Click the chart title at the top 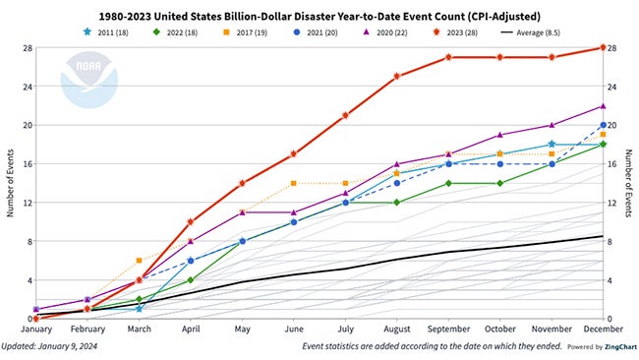(320, 11)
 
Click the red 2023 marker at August (397, 76)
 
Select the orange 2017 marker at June (293, 183)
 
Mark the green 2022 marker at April (191, 280)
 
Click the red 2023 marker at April (191, 221)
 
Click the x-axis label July (345, 332)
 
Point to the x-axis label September (448, 332)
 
